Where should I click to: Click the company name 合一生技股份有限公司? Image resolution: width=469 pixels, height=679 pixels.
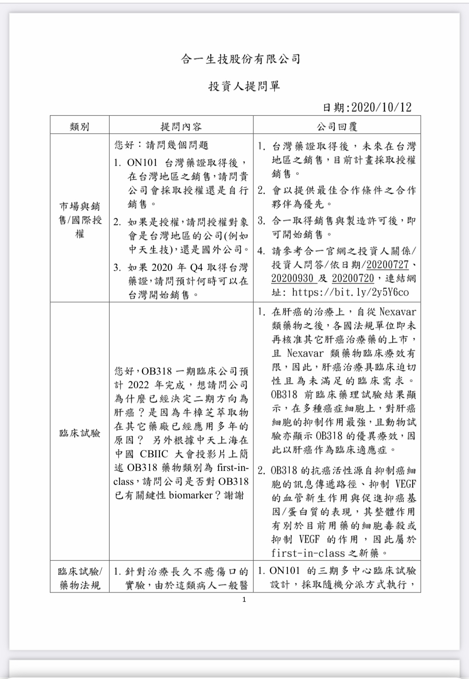pyautogui.click(x=241, y=59)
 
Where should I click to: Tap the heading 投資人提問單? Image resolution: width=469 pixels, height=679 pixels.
pyautogui.click(x=244, y=86)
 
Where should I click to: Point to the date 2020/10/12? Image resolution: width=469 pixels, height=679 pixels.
pyautogui.click(x=381, y=108)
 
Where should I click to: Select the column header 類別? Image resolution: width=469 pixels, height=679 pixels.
pyautogui.click(x=80, y=126)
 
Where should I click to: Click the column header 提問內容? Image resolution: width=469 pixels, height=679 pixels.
pyautogui.click(x=181, y=126)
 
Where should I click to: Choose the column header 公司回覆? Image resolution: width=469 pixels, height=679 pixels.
pyautogui.click(x=336, y=126)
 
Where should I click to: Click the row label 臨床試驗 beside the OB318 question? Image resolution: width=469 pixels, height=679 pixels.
pyautogui.click(x=80, y=433)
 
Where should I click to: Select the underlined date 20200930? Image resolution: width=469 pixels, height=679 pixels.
pyautogui.click(x=292, y=279)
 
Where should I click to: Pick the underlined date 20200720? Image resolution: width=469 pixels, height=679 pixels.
pyautogui.click(x=353, y=279)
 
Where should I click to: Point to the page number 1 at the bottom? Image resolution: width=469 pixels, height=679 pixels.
pyautogui.click(x=244, y=599)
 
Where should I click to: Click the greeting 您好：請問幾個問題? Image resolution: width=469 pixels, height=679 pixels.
pyautogui.click(x=161, y=145)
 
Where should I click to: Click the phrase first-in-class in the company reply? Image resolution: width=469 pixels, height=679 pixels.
pyautogui.click(x=308, y=553)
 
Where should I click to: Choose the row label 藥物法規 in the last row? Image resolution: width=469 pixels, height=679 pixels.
pyautogui.click(x=80, y=585)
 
